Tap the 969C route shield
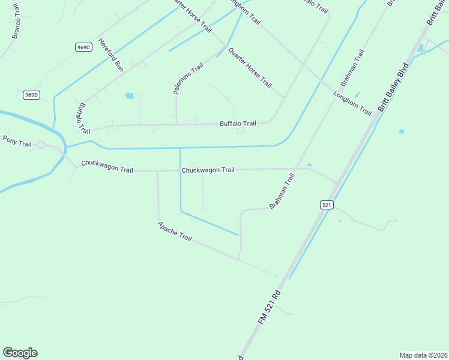pyautogui.click(x=83, y=47)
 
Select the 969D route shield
pyautogui.click(x=31, y=95)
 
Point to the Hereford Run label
pyautogui.click(x=111, y=55)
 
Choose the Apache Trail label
pyautogui.click(x=175, y=232)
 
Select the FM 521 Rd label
pyautogui.click(x=270, y=308)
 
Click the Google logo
pyautogui.click(x=20, y=353)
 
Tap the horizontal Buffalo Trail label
pyautogui.click(x=238, y=124)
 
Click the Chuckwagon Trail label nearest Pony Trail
pyautogui.click(x=107, y=166)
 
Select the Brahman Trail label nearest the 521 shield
pyautogui.click(x=282, y=191)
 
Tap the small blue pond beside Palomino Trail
pyautogui.click(x=129, y=95)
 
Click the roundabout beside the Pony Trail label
pyautogui.click(x=41, y=145)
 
